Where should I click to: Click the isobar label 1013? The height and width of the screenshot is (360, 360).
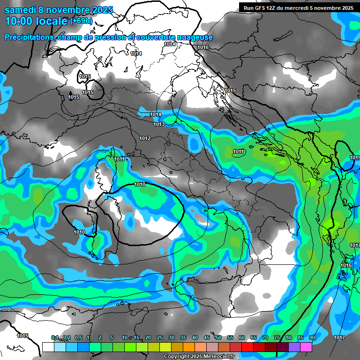(x=159, y=124)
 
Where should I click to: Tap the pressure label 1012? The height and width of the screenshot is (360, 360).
(x=145, y=138)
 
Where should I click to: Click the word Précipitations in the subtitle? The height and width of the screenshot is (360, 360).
(x=29, y=37)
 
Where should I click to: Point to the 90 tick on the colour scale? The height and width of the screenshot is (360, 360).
(x=312, y=337)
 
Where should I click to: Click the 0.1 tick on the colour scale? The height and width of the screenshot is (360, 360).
(x=54, y=337)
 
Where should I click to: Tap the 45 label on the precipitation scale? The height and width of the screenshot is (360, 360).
(x=207, y=337)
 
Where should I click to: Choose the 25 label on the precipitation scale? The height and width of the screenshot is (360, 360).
(x=160, y=337)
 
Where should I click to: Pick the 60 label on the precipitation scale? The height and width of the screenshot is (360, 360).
(x=242, y=337)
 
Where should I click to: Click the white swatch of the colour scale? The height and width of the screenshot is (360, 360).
(x=48, y=347)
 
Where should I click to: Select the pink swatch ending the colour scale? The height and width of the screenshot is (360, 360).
(x=306, y=347)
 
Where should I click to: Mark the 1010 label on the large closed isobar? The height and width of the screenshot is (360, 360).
(x=139, y=184)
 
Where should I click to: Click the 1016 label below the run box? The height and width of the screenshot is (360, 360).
(x=203, y=47)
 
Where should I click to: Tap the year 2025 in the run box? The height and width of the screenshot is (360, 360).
(x=347, y=8)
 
